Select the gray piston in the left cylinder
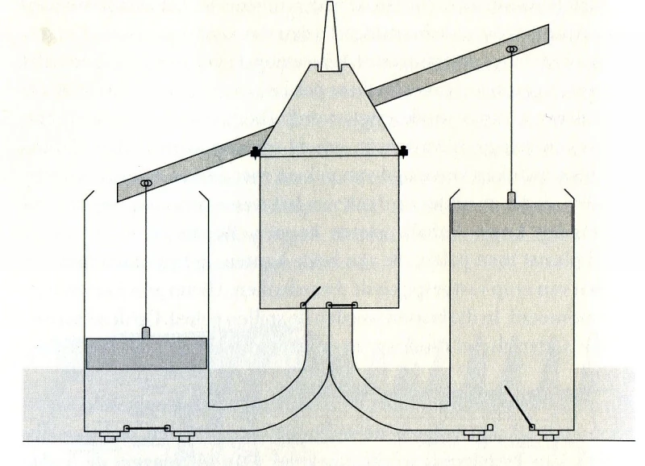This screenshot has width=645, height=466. tap(146, 353)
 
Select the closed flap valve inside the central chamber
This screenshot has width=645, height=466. tap(344, 306)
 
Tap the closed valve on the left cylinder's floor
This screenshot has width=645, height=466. tap(148, 428)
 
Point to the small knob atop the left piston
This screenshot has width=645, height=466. tap(146, 332)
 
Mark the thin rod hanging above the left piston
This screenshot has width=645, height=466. tap(147, 258)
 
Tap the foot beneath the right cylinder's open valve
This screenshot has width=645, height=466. tap(547, 438)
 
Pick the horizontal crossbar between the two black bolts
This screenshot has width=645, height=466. tap(329, 151)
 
